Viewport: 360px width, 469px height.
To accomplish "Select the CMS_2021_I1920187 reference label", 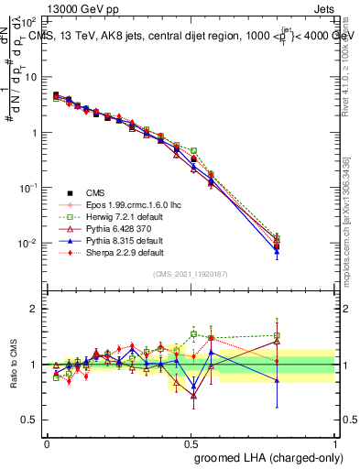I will tap(191, 274).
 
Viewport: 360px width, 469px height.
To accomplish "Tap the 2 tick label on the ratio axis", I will tap(34, 309).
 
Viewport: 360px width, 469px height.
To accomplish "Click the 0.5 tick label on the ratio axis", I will tap(29, 420).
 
